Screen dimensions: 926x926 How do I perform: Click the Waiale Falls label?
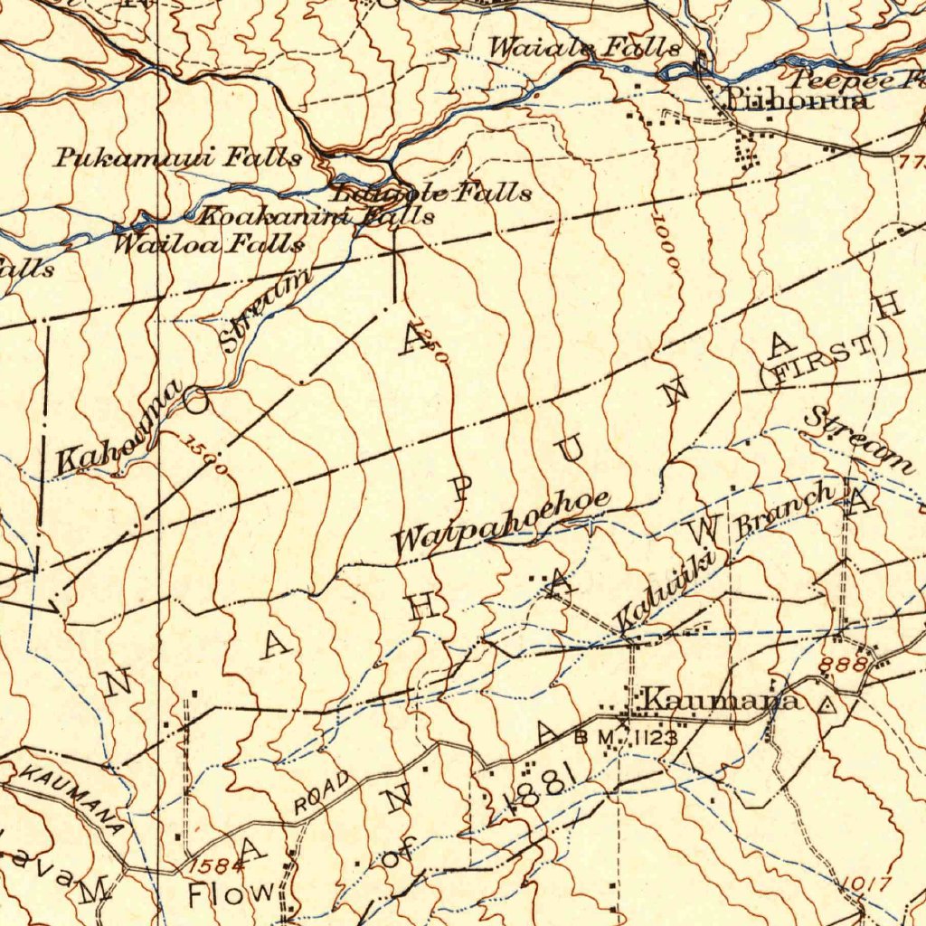(584, 48)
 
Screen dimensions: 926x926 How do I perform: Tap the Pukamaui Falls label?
(178, 158)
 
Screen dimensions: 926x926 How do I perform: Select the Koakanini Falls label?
(316, 216)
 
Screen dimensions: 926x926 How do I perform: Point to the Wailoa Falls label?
(208, 243)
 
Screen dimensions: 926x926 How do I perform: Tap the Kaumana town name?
(720, 701)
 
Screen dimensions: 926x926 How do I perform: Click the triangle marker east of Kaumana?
(824, 704)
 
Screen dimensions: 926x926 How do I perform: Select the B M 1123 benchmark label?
(625, 739)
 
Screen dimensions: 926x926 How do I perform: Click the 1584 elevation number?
(218, 865)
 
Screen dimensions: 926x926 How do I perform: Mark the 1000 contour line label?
(667, 244)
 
